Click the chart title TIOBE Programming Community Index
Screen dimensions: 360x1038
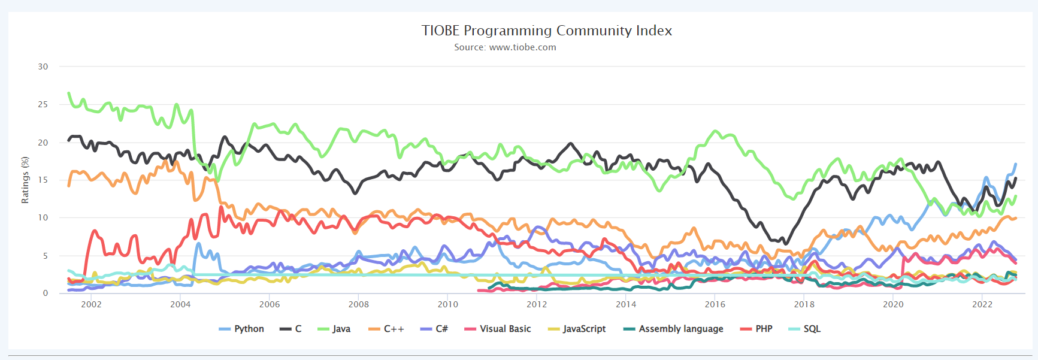point(546,31)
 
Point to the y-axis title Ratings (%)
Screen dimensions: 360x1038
point(25,180)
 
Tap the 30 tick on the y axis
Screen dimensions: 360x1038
point(43,66)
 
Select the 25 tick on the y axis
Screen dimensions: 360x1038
point(43,104)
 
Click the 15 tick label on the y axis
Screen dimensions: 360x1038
point(43,180)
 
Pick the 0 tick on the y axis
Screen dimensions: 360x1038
point(46,293)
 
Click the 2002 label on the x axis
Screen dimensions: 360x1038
point(91,304)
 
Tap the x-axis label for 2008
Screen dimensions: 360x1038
point(358,304)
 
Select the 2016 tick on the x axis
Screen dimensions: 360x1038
point(715,304)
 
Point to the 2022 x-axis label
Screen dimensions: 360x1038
point(982,304)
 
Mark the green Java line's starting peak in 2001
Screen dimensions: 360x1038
point(69,93)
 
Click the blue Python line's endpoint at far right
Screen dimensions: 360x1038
point(1016,164)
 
